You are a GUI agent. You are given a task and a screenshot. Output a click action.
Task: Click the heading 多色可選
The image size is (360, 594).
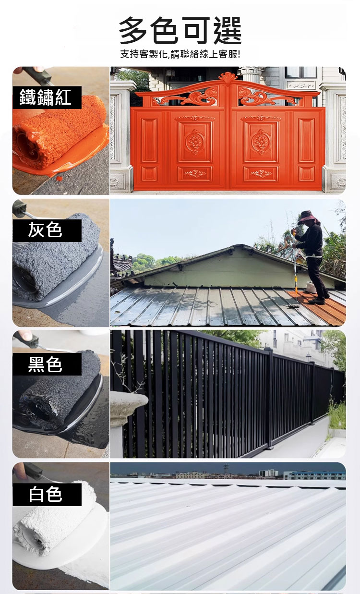click(180, 30)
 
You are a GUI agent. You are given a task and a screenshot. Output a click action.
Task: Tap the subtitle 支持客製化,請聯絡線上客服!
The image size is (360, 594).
click(180, 54)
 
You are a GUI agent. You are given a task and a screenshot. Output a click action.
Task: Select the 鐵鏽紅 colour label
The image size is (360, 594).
click(45, 97)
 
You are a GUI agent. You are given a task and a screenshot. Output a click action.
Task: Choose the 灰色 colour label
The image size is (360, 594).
click(45, 230)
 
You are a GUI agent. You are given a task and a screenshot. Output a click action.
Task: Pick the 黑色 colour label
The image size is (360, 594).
click(45, 364)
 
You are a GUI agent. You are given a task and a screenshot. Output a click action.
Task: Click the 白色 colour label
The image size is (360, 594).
click(45, 494)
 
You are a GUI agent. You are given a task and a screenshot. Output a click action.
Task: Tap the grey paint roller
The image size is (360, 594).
click(56, 263)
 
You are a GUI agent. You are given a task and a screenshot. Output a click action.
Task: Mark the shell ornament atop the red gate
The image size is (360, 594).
click(228, 77)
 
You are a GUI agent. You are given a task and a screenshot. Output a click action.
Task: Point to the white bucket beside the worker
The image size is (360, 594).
click(311, 287)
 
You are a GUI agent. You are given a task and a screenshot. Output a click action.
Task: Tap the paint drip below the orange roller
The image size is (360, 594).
click(59, 178)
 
